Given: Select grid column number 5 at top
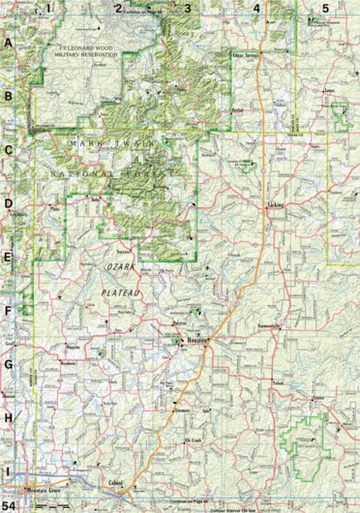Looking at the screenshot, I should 325,8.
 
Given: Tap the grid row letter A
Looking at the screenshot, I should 8,45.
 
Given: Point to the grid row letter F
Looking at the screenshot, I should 8,312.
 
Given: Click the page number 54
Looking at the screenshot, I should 9,505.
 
